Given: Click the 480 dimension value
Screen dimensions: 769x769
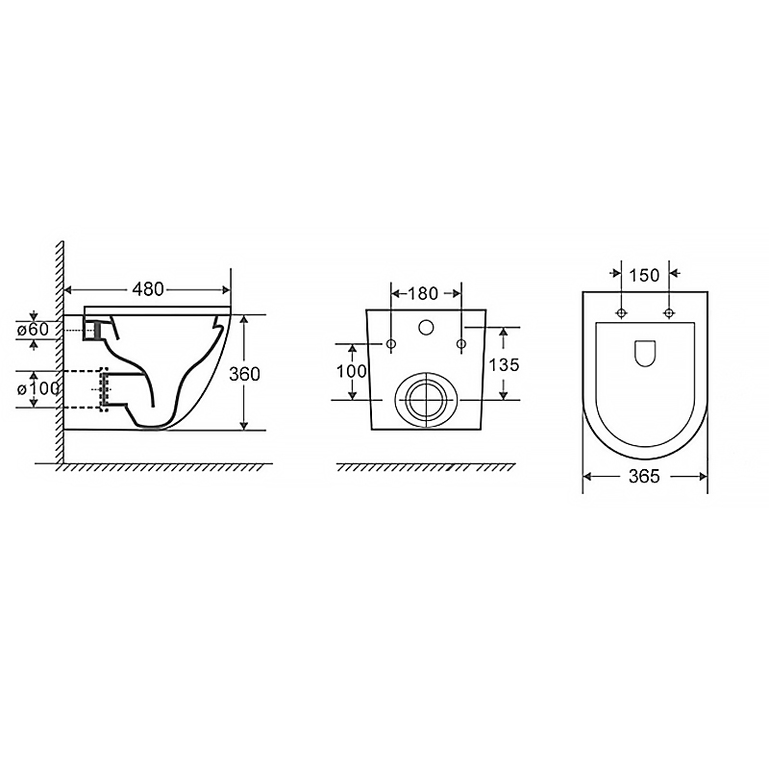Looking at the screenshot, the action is pos(148,289).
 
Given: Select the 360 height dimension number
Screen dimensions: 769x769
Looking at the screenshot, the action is pos(244,374).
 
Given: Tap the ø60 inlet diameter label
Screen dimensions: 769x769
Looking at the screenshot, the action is pos(33,330).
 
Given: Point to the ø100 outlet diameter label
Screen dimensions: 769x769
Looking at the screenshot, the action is pos(38,389).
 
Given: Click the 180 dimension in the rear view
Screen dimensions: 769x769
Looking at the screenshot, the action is pos(423,293).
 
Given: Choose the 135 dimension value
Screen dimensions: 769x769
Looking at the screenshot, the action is pos(504,365).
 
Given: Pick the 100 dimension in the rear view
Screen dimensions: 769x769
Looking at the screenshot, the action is pos(351,371).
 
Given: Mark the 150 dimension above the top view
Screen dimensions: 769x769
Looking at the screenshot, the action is pos(644,275).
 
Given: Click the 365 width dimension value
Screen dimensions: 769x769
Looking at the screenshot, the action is pos(644,476).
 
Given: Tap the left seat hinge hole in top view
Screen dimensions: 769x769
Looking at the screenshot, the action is pos(621,313).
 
